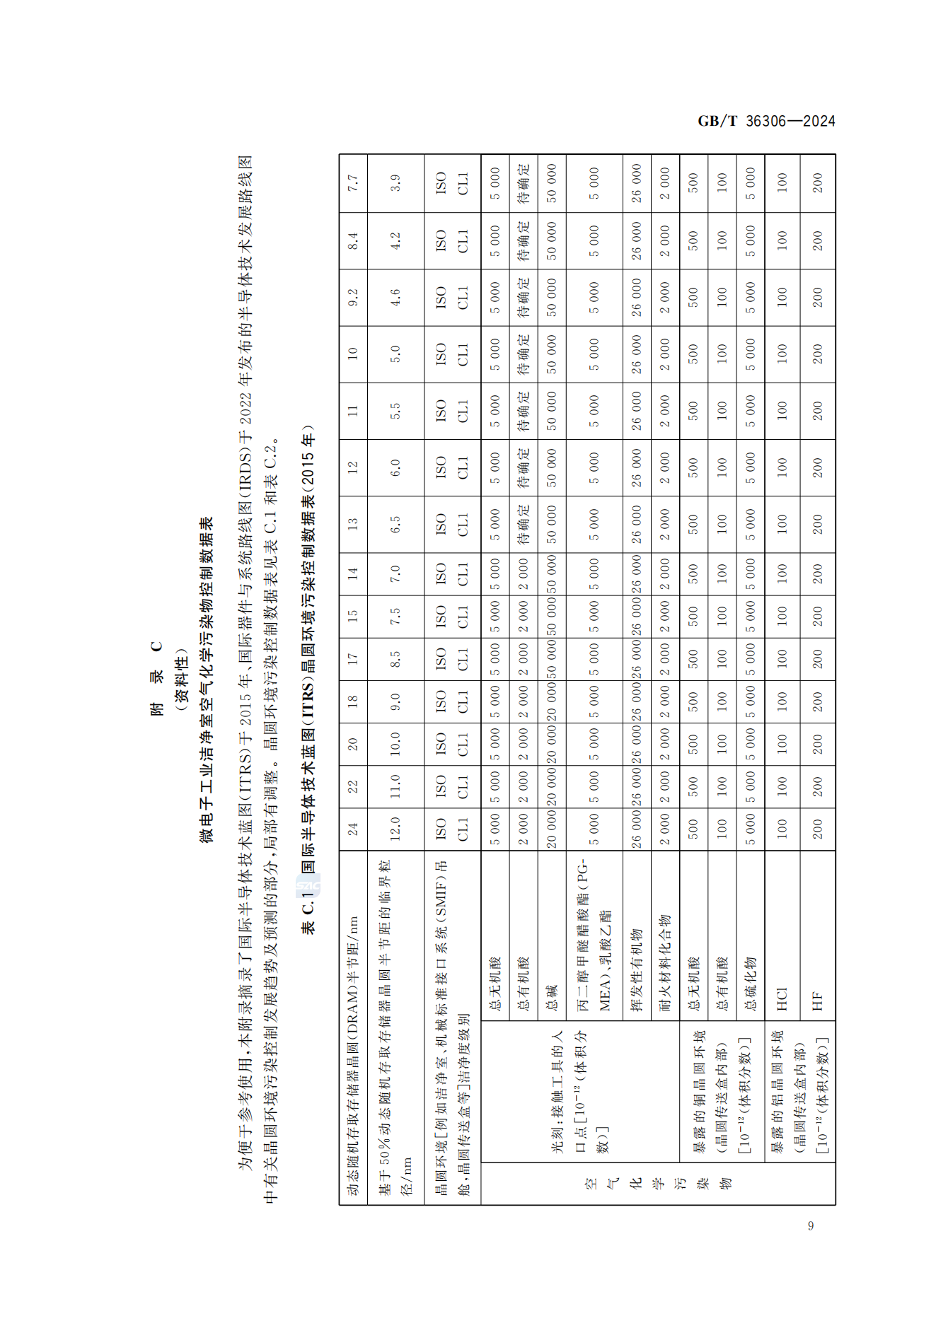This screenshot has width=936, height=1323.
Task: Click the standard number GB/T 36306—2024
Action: (x=765, y=121)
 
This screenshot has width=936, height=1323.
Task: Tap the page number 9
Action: (x=810, y=1225)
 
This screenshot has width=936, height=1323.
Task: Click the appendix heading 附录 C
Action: (x=156, y=679)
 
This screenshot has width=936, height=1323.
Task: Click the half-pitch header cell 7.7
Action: (x=353, y=184)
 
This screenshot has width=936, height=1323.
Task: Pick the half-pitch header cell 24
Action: (x=353, y=829)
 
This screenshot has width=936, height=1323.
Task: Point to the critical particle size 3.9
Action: (x=395, y=184)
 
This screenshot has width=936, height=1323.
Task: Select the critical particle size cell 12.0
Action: (x=395, y=829)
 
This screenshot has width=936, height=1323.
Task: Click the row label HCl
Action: (x=782, y=998)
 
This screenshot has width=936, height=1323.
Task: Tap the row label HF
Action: (x=817, y=1001)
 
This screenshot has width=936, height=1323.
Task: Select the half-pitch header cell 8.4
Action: (x=353, y=241)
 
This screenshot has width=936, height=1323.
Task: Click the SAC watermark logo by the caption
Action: (x=308, y=885)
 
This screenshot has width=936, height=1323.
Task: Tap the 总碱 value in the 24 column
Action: (x=552, y=829)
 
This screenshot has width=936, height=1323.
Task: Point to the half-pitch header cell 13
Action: (x=353, y=524)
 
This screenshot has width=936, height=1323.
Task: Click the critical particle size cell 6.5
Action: (x=395, y=524)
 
